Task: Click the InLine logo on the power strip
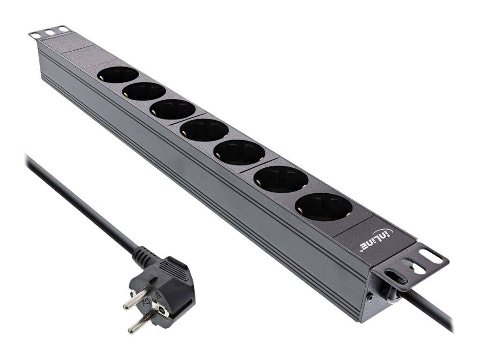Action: coord(377,240)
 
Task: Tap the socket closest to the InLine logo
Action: coord(323,207)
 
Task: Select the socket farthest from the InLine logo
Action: coord(118,75)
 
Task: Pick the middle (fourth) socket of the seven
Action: coord(204,129)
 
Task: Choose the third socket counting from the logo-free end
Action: coord(172,109)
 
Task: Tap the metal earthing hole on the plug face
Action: coord(162,310)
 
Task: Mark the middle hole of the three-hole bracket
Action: coord(49,32)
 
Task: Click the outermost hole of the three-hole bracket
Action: coord(34,35)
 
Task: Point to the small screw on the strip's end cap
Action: coord(371,296)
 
